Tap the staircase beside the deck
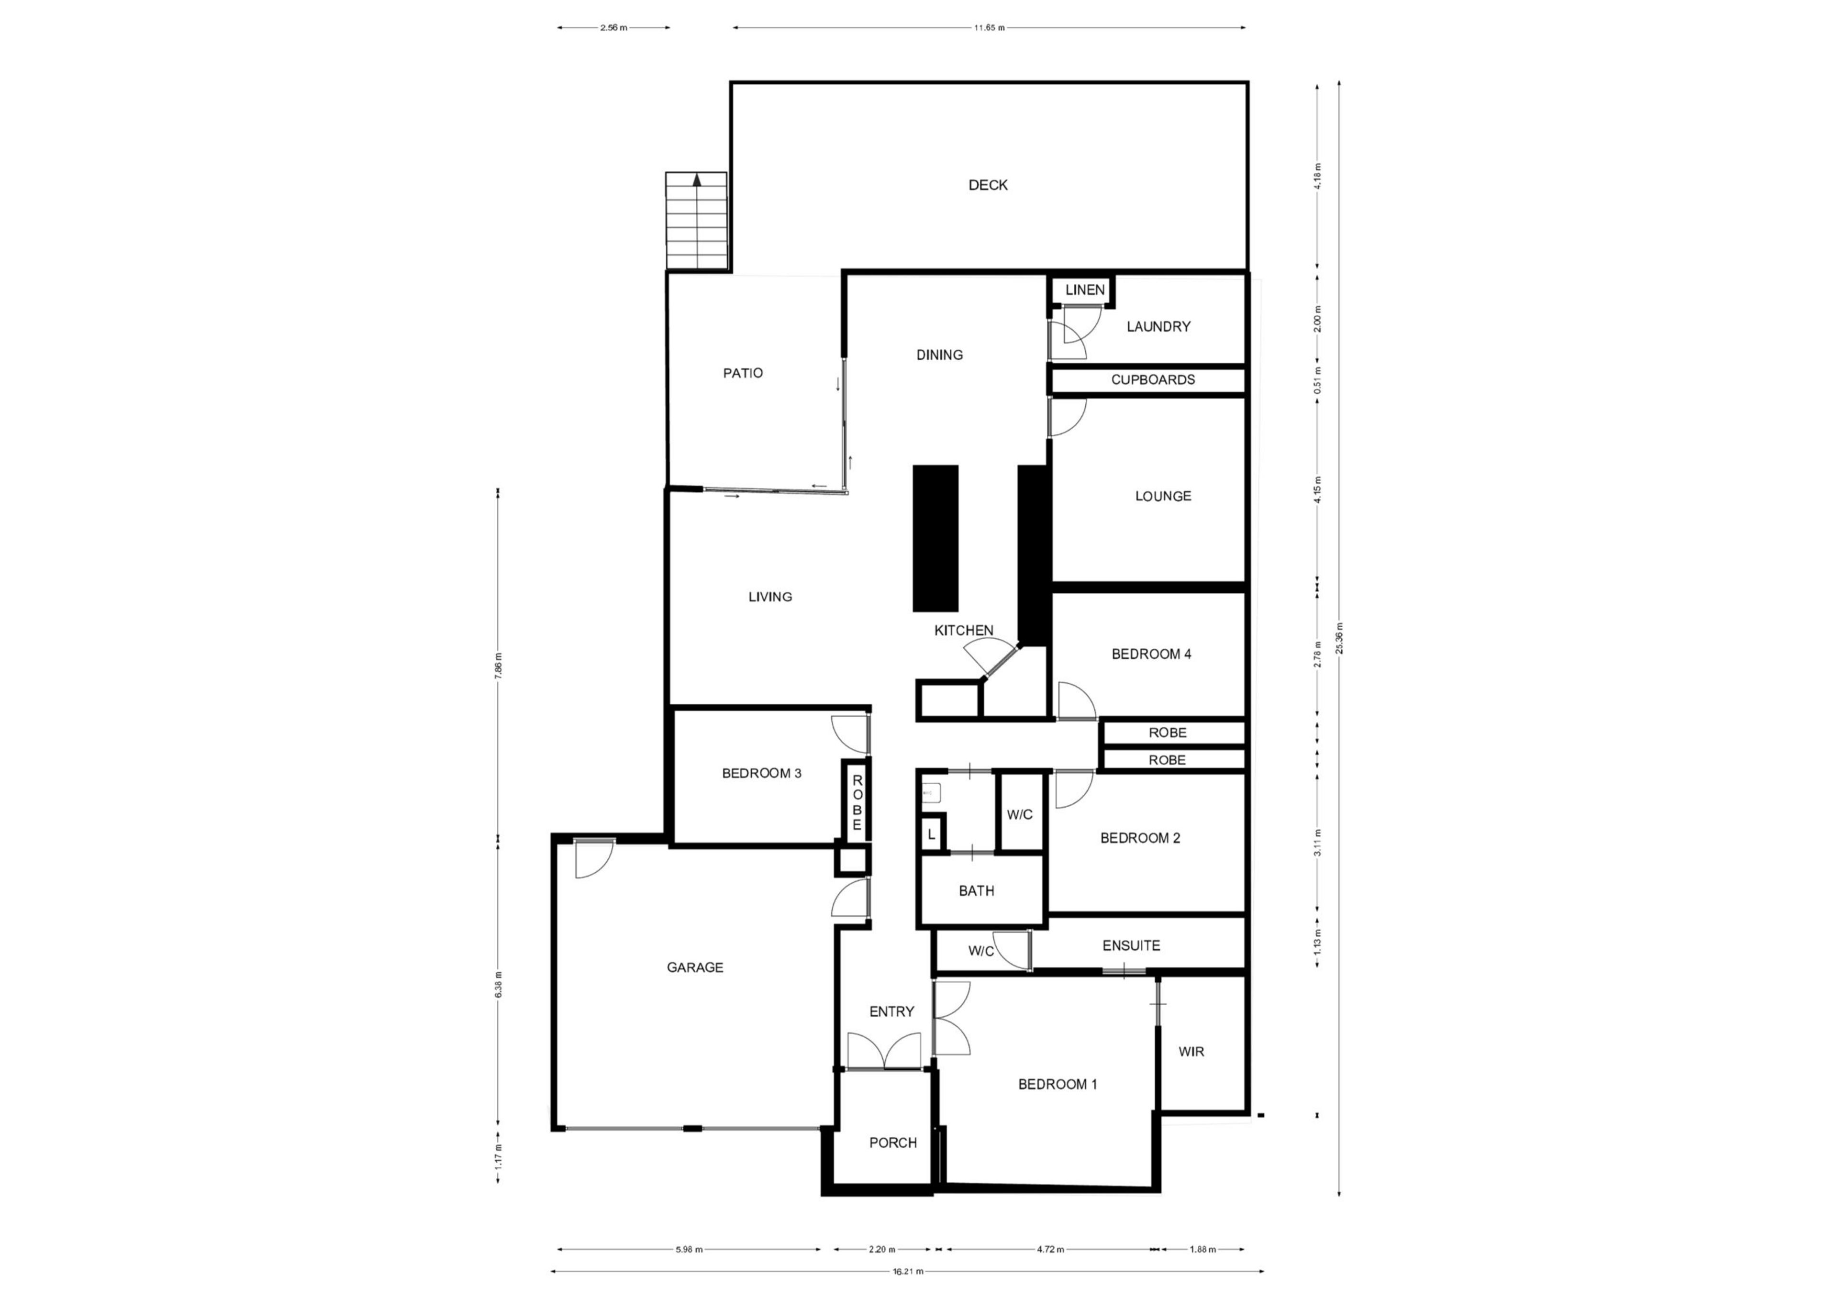[x=697, y=221]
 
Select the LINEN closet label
[x=1085, y=289]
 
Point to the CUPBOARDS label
[x=1153, y=380]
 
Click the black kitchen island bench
[x=935, y=538]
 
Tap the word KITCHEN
[x=964, y=630]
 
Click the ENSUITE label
[x=1131, y=945]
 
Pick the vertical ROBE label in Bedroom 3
[x=857, y=802]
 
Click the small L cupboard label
[x=931, y=835]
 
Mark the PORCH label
[x=893, y=1143]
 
